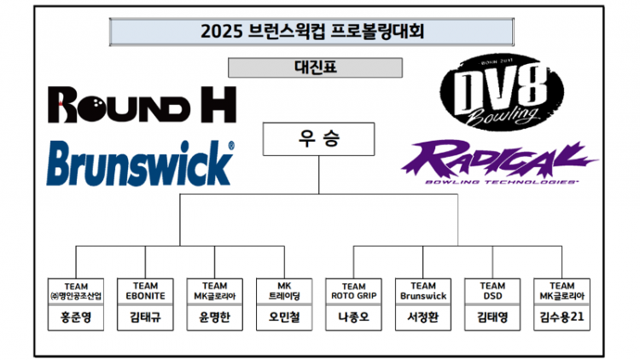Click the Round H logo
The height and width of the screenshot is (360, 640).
[142, 105]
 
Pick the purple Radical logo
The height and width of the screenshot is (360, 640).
[499, 162]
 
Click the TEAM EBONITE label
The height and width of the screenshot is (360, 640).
[146, 291]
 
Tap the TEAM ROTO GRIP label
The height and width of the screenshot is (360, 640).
[354, 291]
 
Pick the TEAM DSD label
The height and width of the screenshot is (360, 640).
[492, 291]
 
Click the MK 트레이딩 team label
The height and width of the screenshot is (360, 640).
[285, 291]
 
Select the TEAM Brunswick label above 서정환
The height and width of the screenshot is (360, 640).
[423, 291]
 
